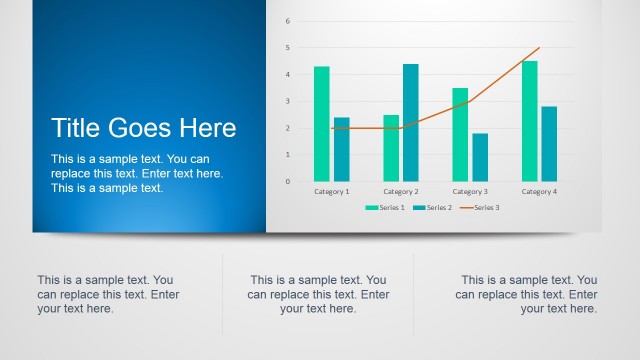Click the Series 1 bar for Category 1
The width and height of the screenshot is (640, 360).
(321, 124)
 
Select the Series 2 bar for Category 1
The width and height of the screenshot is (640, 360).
(341, 149)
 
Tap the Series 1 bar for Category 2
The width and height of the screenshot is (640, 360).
(391, 148)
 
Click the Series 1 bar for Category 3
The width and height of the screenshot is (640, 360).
(460, 134)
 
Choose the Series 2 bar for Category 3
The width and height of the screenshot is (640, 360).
(480, 157)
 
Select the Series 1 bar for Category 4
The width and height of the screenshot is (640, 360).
(529, 121)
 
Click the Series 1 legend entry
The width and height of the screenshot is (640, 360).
(386, 207)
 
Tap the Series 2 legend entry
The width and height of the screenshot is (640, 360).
(434, 207)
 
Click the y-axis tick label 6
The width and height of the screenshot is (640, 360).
(287, 21)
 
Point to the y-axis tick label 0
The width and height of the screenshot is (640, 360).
(287, 181)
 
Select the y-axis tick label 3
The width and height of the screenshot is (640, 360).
(287, 101)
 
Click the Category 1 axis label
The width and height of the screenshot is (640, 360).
(331, 191)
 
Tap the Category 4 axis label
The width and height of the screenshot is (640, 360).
(539, 191)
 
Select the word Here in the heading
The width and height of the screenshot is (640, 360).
(208, 128)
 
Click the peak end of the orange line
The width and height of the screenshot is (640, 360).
(539, 48)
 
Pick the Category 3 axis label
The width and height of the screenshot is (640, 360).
(470, 191)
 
